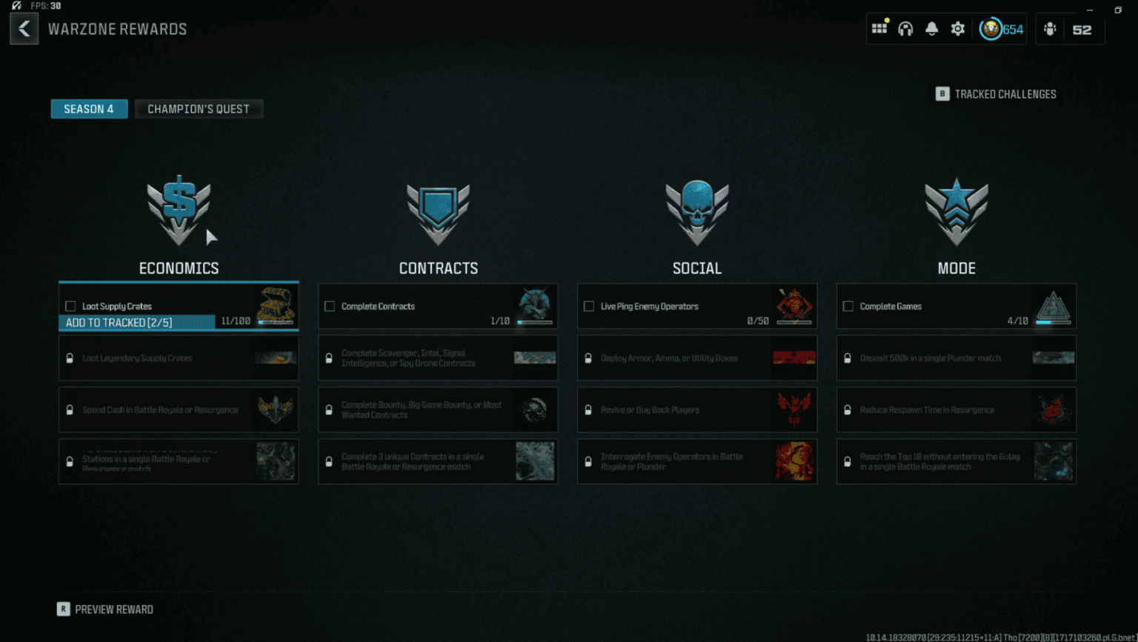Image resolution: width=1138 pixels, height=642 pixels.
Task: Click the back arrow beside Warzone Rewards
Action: point(24,30)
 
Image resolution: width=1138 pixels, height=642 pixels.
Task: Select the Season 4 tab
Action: point(89,109)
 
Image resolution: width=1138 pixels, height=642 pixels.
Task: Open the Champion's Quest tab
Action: point(199,109)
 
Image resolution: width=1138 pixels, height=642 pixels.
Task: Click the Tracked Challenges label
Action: point(1005,94)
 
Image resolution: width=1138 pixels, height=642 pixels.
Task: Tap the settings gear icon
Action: point(958,29)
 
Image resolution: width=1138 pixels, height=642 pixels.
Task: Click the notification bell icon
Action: point(931,29)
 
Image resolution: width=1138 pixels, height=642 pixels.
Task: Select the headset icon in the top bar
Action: point(905,29)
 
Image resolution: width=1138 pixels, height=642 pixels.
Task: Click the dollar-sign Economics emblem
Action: point(179,211)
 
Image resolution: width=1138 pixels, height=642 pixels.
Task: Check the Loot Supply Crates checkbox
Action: point(70,306)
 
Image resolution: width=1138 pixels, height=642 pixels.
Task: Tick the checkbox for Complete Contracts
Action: point(330,306)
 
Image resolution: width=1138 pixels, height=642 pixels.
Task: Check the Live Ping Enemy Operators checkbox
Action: point(589,306)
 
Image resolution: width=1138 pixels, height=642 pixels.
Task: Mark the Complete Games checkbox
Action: point(848,306)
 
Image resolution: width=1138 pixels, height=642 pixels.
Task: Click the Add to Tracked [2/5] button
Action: point(119,322)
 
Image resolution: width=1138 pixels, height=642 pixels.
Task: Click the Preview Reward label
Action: point(114,609)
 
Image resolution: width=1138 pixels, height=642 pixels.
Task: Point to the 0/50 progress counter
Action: point(757,321)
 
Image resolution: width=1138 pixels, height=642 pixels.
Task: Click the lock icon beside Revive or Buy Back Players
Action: point(588,410)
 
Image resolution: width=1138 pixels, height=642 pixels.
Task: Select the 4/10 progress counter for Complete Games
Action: point(1017,321)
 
